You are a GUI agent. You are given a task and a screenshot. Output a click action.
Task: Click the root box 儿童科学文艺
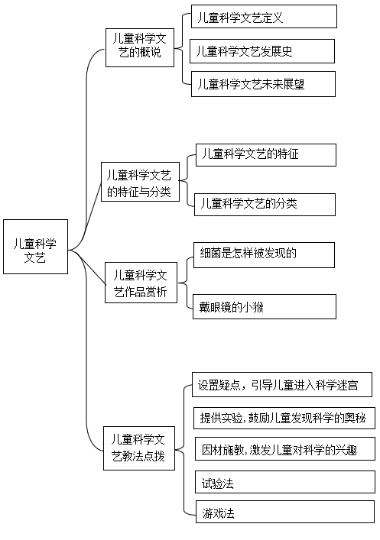(35, 247)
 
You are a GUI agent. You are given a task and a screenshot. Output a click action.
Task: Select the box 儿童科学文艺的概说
(140, 47)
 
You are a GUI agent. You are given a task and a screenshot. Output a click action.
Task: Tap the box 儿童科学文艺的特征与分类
(141, 182)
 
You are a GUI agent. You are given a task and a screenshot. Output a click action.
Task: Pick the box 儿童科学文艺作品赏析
(141, 283)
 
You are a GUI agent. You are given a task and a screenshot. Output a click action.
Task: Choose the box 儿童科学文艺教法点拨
(139, 448)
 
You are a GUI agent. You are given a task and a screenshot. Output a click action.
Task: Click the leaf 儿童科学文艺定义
(264, 16)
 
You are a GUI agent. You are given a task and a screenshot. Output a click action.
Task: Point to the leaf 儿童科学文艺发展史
(262, 51)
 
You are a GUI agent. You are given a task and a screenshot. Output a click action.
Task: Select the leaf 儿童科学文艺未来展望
(263, 84)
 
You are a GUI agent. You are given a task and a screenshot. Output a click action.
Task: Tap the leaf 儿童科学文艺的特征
(266, 155)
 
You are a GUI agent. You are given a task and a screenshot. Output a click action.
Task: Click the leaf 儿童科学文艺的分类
(265, 205)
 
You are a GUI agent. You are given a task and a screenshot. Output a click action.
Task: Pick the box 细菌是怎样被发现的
(264, 255)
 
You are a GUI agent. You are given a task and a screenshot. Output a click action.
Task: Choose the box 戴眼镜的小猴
(264, 306)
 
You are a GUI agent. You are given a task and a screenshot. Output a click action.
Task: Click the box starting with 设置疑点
(282, 384)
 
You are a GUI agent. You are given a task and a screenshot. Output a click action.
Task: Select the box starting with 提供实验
(284, 418)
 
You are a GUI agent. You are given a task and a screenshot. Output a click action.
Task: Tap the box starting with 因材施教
(285, 449)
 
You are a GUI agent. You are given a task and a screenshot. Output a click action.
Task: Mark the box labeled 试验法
(285, 482)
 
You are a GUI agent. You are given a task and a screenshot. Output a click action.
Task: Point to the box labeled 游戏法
(285, 512)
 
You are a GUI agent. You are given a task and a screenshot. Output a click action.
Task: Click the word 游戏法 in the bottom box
(218, 513)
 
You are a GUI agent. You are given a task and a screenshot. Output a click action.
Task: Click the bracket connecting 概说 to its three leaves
(183, 49)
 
